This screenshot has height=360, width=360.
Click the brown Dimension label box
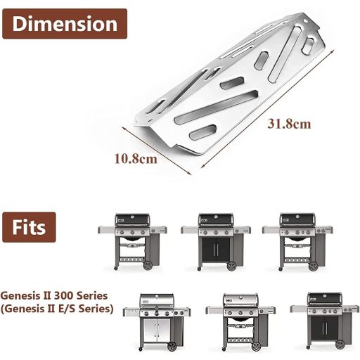[x=64, y=24]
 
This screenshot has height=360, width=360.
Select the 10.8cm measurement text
[x=136, y=158]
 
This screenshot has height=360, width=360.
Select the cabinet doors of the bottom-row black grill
[x=326, y=329]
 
